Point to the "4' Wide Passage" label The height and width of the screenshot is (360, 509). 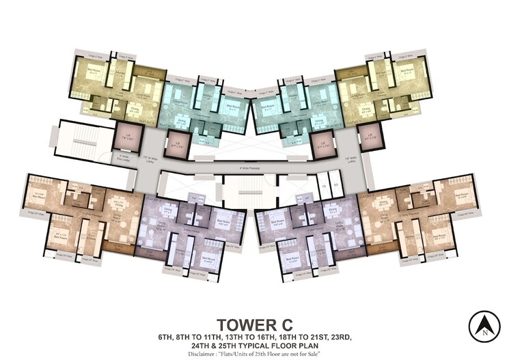[253, 165]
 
